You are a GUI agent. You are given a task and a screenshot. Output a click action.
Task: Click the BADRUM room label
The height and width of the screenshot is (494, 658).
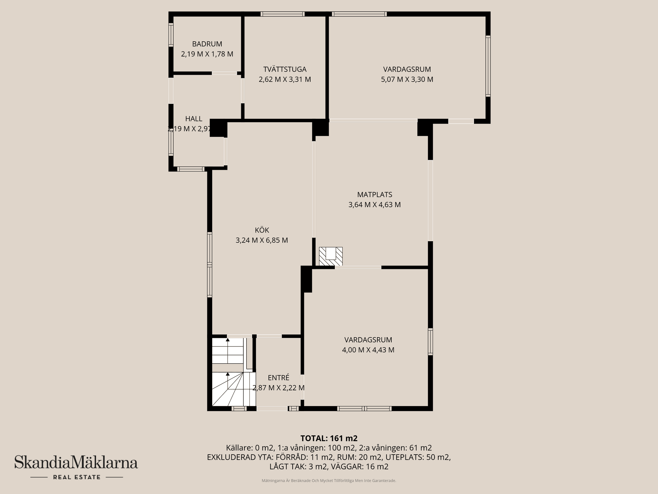(207, 44)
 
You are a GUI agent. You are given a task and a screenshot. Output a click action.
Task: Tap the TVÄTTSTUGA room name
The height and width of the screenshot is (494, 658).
(284, 69)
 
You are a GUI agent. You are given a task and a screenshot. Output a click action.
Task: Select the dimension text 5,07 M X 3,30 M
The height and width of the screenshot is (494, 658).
(407, 80)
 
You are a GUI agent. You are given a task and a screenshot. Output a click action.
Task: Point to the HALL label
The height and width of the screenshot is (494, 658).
(194, 119)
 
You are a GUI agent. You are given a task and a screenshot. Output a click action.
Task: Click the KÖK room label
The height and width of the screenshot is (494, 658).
(262, 230)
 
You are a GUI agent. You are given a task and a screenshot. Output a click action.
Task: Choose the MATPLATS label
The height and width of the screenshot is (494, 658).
(375, 195)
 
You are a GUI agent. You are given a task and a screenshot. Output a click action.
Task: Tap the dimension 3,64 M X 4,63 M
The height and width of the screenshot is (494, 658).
(375, 205)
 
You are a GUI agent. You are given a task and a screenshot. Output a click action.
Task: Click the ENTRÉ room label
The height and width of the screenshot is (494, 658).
(278, 378)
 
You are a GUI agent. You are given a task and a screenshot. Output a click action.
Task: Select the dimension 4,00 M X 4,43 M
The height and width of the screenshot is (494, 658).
(368, 350)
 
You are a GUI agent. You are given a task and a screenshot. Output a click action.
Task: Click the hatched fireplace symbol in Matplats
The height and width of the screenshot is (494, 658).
(331, 256)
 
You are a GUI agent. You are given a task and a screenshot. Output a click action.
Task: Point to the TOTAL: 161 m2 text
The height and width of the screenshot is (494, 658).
(329, 438)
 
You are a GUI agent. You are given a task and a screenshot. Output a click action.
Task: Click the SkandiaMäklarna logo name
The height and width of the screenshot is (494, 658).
(76, 462)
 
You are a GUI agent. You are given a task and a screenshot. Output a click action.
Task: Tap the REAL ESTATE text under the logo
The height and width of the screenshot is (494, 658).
(76, 477)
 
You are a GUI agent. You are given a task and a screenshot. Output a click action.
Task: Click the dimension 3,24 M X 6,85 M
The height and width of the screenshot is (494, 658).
(261, 240)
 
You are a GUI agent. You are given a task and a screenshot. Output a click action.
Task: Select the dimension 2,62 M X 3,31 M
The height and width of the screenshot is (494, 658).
(284, 80)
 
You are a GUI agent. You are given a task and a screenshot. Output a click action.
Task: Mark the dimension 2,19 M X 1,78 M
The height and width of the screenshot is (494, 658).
(207, 54)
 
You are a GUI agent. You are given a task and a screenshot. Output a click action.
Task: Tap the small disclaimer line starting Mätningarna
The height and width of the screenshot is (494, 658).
(329, 481)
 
